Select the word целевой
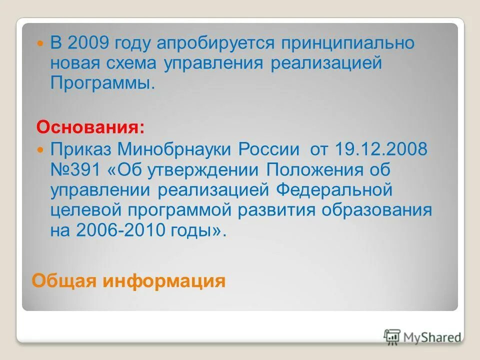(x=88, y=210)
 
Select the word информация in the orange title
(x=164, y=281)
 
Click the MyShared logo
(x=423, y=338)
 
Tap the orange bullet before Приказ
(x=41, y=149)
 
